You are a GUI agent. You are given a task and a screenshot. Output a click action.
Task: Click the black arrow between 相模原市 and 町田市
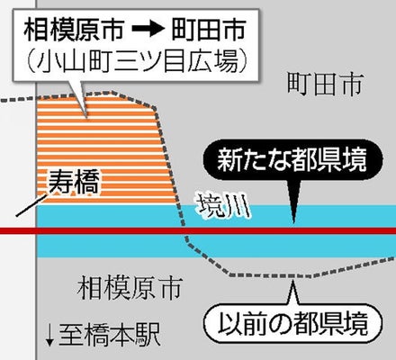(148, 30)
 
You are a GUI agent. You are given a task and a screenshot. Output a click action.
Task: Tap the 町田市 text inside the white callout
(209, 30)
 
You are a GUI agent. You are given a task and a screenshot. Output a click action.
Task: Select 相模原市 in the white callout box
(74, 30)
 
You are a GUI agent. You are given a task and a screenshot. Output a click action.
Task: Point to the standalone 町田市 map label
(326, 85)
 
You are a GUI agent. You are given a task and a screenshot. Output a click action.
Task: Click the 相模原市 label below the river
(130, 288)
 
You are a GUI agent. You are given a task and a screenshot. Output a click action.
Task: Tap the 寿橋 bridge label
(74, 182)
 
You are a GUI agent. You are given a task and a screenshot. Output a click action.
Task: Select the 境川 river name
(224, 206)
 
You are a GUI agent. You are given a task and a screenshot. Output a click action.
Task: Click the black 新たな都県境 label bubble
(292, 159)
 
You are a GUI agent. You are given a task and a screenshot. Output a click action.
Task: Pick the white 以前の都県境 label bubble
(293, 324)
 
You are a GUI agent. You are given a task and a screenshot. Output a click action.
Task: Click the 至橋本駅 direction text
(109, 335)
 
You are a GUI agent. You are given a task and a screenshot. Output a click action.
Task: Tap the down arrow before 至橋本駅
(49, 336)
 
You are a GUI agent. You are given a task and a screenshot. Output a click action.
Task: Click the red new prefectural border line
(198, 231)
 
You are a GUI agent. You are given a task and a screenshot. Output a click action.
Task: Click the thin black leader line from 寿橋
(31, 206)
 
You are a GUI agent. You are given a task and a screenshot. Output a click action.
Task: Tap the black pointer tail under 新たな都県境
(294, 202)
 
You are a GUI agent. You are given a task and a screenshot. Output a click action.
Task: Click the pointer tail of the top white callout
(79, 99)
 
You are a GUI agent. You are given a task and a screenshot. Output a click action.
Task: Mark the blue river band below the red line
(216, 246)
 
